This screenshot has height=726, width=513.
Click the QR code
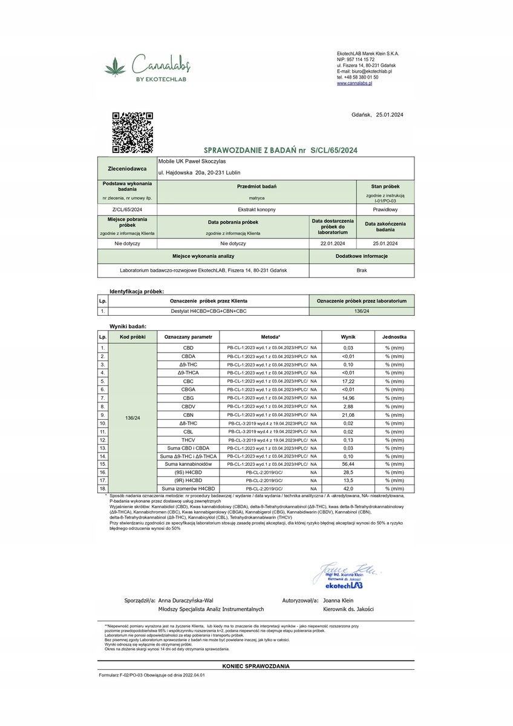(132, 132)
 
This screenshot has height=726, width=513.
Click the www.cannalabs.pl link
(354, 83)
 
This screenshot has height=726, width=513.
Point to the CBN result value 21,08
(348, 415)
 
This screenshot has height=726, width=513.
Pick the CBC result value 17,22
(348, 382)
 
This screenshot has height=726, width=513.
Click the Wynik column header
(348, 336)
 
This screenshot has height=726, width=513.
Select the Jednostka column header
(394, 336)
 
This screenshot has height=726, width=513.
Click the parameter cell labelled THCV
(188, 440)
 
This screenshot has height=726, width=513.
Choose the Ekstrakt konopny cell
(233, 209)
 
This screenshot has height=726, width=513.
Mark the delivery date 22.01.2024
(332, 243)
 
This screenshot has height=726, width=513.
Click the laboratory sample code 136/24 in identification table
(362, 312)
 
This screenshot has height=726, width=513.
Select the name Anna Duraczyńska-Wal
(185, 601)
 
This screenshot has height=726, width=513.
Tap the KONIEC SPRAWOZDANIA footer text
(256, 666)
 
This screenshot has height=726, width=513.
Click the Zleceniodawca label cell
(127, 169)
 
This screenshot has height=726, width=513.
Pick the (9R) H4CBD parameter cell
(188, 480)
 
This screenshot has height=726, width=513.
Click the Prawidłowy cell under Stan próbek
(385, 209)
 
